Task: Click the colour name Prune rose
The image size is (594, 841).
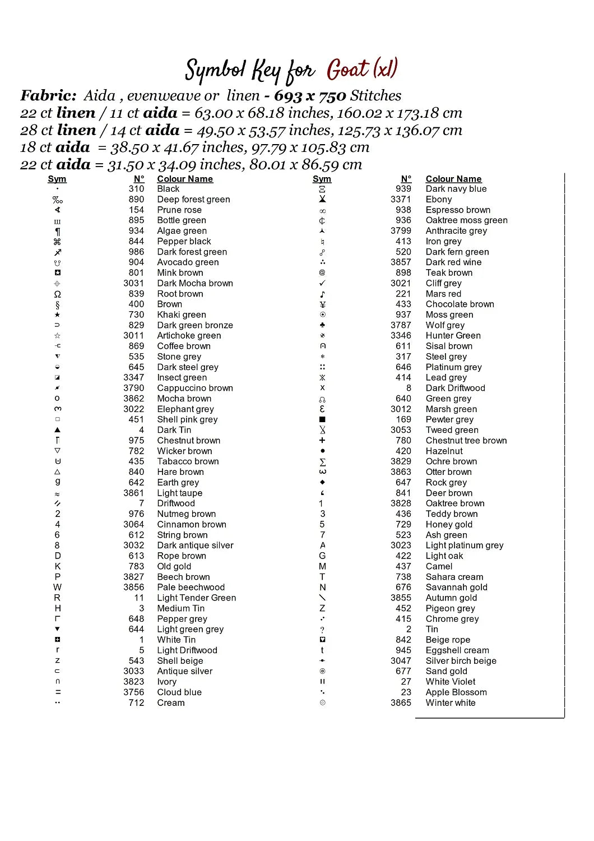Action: (179, 210)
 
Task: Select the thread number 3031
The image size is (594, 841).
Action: (133, 283)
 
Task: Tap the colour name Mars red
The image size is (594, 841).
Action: (443, 294)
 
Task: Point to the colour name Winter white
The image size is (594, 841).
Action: (451, 703)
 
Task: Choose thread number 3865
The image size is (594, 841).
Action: (401, 703)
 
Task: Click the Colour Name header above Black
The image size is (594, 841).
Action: (185, 179)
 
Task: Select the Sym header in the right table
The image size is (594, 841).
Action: (322, 179)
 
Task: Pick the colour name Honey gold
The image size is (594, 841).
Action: (449, 524)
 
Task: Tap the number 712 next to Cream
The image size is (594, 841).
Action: (136, 703)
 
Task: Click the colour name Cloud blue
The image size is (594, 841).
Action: (179, 692)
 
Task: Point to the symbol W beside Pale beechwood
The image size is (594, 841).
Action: (57, 587)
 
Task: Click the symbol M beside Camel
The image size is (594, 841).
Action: (322, 566)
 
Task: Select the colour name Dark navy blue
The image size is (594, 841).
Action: (456, 189)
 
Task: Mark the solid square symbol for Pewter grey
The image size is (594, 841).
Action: (322, 419)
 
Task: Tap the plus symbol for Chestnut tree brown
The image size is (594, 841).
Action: (322, 440)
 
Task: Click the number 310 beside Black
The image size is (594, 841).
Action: (136, 189)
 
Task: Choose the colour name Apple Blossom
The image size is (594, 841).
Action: (456, 692)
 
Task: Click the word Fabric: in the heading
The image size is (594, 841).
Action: (48, 96)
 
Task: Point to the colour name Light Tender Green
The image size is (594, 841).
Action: (197, 598)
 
